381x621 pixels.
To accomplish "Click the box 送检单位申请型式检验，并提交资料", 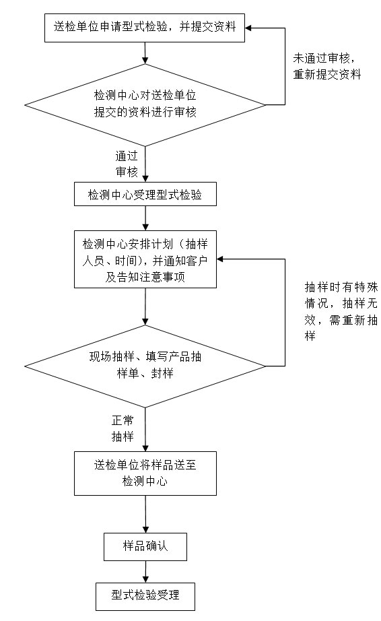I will [x=145, y=27].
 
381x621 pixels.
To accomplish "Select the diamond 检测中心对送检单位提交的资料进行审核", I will [x=145, y=104].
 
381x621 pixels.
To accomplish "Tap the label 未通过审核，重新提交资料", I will [x=327, y=67].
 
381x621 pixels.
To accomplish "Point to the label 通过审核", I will [x=127, y=164].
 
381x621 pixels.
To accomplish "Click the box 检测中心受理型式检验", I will [x=145, y=195].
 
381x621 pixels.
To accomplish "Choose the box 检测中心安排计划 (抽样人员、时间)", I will [x=145, y=259].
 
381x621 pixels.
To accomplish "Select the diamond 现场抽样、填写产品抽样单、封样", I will [x=145, y=364].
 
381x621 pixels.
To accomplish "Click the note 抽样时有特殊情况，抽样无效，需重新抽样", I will [x=333, y=310].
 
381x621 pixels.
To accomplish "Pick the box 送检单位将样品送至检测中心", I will [x=145, y=473].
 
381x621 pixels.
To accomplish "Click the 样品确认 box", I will [x=145, y=546].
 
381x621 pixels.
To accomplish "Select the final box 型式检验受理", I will [x=145, y=595].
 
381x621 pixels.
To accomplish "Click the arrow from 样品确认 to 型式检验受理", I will [x=145, y=571].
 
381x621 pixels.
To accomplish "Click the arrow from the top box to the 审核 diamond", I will [x=145, y=53].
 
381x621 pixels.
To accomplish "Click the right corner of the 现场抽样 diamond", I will [x=265, y=366].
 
